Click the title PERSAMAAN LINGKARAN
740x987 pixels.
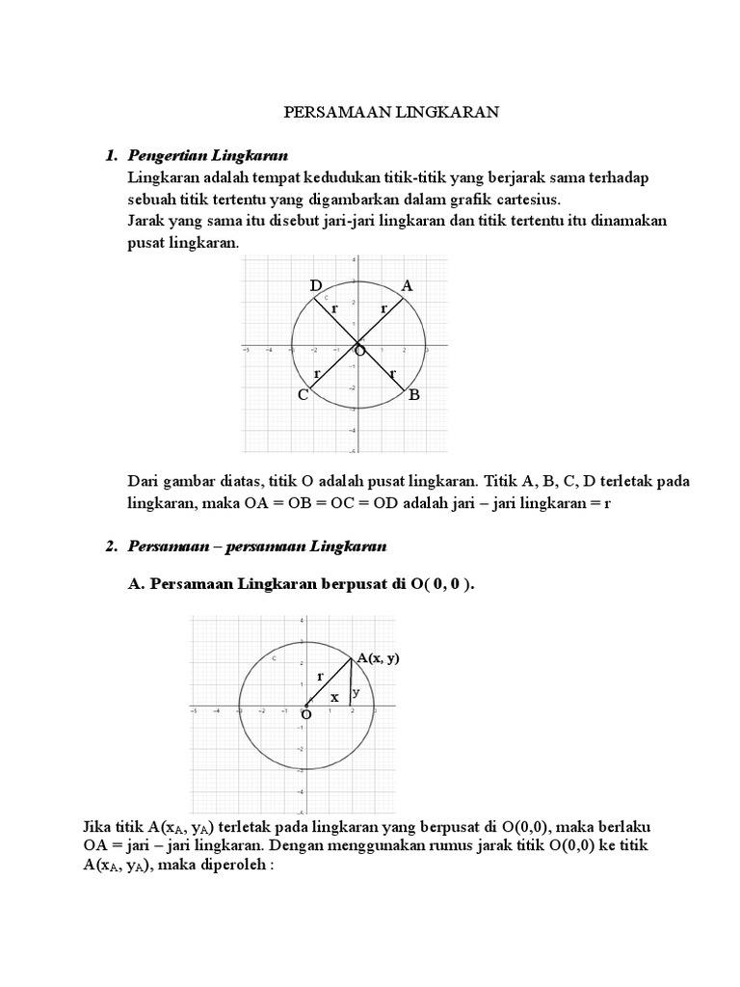coord(390,113)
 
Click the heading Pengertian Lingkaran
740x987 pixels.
coord(207,155)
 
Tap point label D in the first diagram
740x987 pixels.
coord(315,285)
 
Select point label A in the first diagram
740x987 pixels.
coord(407,285)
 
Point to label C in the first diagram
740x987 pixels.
coord(303,395)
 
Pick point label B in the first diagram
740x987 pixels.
coord(414,395)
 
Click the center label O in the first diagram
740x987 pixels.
coord(359,353)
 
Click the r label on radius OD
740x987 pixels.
coord(334,309)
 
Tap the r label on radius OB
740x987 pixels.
coord(392,372)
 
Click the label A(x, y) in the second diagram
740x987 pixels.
coord(378,658)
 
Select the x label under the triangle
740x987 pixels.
coord(334,696)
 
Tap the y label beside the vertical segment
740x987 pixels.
coord(356,691)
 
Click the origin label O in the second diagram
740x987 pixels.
coord(306,715)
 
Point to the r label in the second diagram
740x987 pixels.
coord(320,677)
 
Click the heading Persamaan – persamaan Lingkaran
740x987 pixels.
coord(256,547)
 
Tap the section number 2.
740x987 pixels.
coord(111,547)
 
